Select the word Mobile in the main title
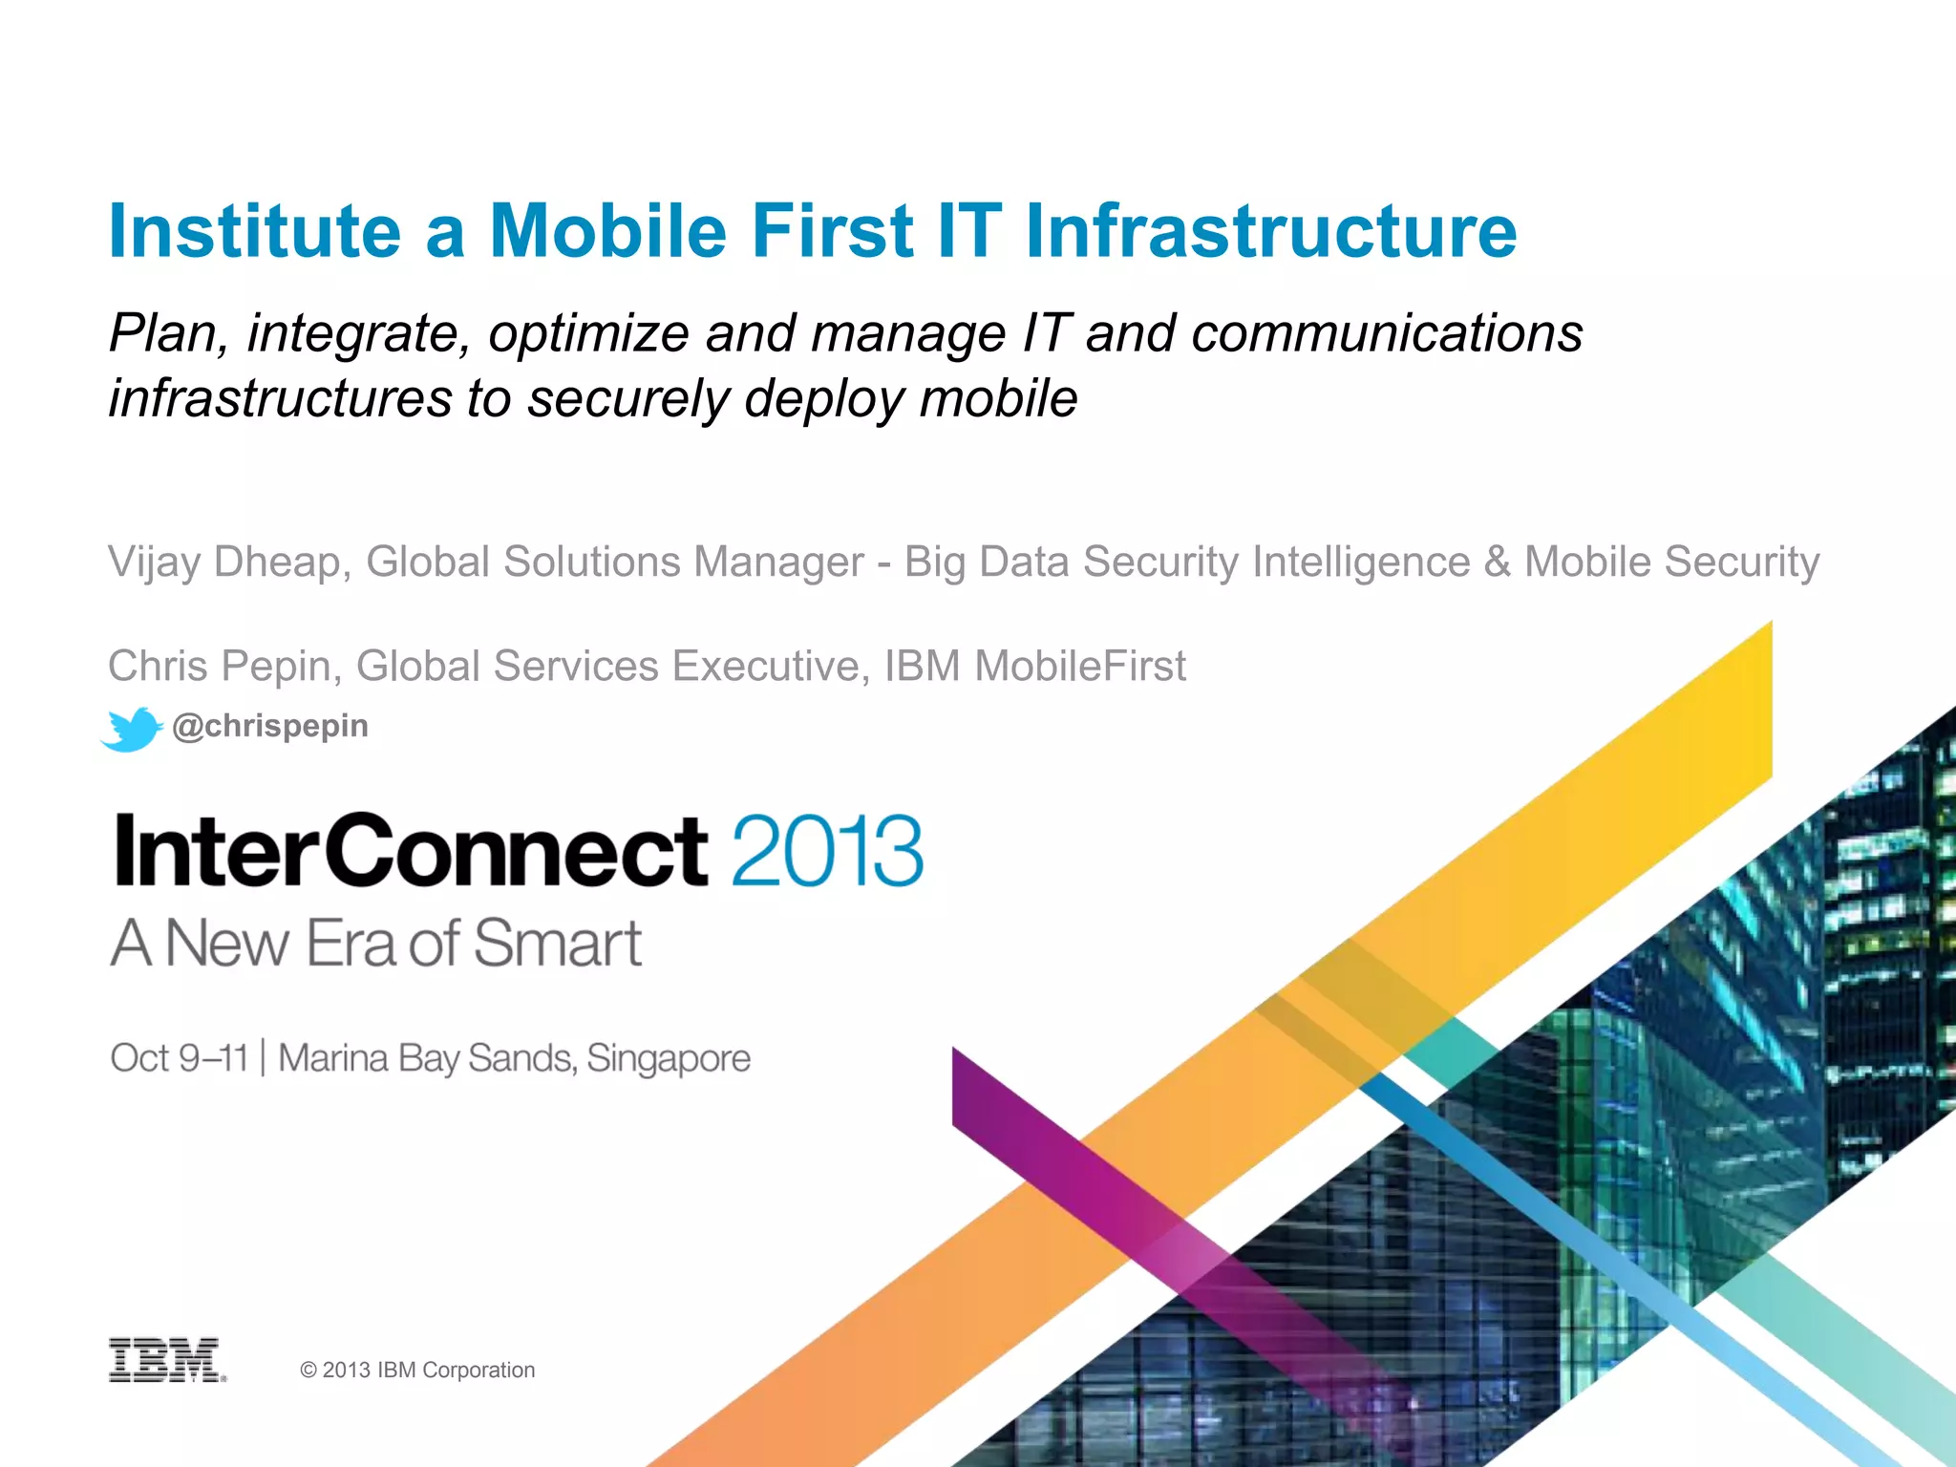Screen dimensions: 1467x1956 [x=608, y=231]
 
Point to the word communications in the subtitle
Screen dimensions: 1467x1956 [x=1387, y=334]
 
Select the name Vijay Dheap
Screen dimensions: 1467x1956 [x=223, y=562]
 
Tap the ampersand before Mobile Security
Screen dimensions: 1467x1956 [x=1497, y=562]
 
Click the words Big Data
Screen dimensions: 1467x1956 [x=986, y=562]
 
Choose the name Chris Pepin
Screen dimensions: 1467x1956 [x=219, y=666]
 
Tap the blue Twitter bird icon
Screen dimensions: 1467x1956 [x=132, y=729]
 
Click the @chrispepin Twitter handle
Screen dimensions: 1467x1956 [x=270, y=726]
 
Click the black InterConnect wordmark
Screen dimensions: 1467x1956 [x=411, y=850]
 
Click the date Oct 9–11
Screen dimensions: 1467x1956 [x=179, y=1058]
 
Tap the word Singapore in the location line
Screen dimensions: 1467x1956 [x=669, y=1058]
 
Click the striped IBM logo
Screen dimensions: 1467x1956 [x=166, y=1360]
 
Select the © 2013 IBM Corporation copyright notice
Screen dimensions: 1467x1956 [x=417, y=1370]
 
